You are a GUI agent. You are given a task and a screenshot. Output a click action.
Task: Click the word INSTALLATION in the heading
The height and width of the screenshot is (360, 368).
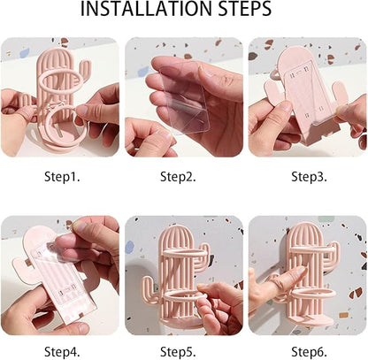146,9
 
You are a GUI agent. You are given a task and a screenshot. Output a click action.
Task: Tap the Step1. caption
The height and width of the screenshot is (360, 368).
62,177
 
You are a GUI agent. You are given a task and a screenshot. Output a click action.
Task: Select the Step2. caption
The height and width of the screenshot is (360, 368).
178,177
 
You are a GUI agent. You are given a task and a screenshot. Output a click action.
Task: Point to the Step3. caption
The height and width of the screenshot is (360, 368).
309,177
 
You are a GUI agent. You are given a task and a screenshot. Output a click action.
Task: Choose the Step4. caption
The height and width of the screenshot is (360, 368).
62,352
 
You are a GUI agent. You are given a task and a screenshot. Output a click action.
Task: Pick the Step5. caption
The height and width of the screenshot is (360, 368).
178,352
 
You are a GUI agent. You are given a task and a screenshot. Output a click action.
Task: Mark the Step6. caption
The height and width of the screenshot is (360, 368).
309,352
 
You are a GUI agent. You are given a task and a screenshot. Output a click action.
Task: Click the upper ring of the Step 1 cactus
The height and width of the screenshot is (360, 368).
61,73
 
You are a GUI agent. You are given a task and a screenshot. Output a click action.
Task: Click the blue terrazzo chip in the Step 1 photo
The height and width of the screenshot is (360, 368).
25,53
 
